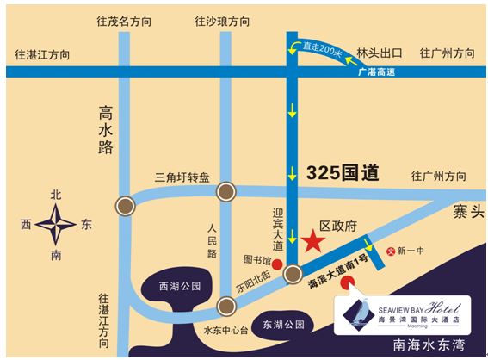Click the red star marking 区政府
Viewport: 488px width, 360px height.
pos(312,242)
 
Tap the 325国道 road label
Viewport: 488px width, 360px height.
pos(343,171)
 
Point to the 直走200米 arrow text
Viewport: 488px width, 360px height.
pos(319,52)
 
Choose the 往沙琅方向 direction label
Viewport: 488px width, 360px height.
pos(224,19)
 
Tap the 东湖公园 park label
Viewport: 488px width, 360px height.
pos(283,325)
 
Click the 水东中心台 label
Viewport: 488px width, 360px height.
pos(225,330)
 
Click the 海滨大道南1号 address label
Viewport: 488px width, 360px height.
pos(338,270)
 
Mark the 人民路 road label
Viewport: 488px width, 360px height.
pos(213,240)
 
